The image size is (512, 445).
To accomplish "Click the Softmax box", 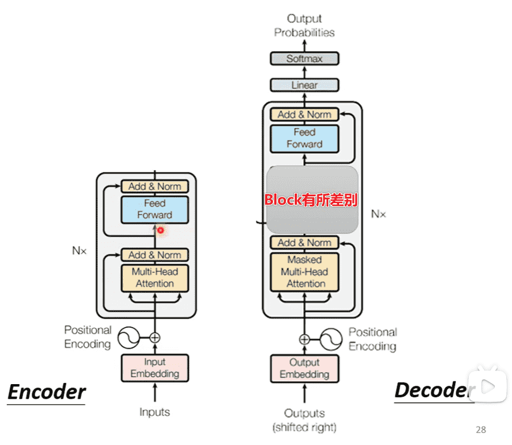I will (304, 59).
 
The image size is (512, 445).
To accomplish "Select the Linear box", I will (304, 85).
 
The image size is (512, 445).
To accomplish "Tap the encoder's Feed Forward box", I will (154, 209).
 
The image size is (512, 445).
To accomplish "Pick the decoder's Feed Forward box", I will (304, 138).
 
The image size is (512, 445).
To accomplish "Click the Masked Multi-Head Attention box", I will (304, 271).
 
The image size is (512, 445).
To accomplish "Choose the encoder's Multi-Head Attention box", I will (154, 278).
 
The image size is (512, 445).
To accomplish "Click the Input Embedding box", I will (154, 368).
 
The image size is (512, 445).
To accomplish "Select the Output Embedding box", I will (304, 368).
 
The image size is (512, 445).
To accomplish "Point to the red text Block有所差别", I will (311, 200).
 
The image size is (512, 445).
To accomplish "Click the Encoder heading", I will (47, 392).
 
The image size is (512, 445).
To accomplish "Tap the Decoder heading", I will (432, 390).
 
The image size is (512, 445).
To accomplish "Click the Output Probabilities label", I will (304, 26).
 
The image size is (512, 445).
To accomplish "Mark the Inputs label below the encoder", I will (155, 411).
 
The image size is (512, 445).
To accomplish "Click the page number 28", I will (481, 430).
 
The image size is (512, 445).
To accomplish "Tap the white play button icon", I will (488, 387).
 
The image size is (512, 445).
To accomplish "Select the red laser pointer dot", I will (161, 230).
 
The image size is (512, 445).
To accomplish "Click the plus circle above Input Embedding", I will (154, 337).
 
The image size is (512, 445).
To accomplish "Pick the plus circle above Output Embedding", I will (304, 339).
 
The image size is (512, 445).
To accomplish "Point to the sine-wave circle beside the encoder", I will (129, 338).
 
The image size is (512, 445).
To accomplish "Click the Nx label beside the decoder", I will (378, 214).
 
